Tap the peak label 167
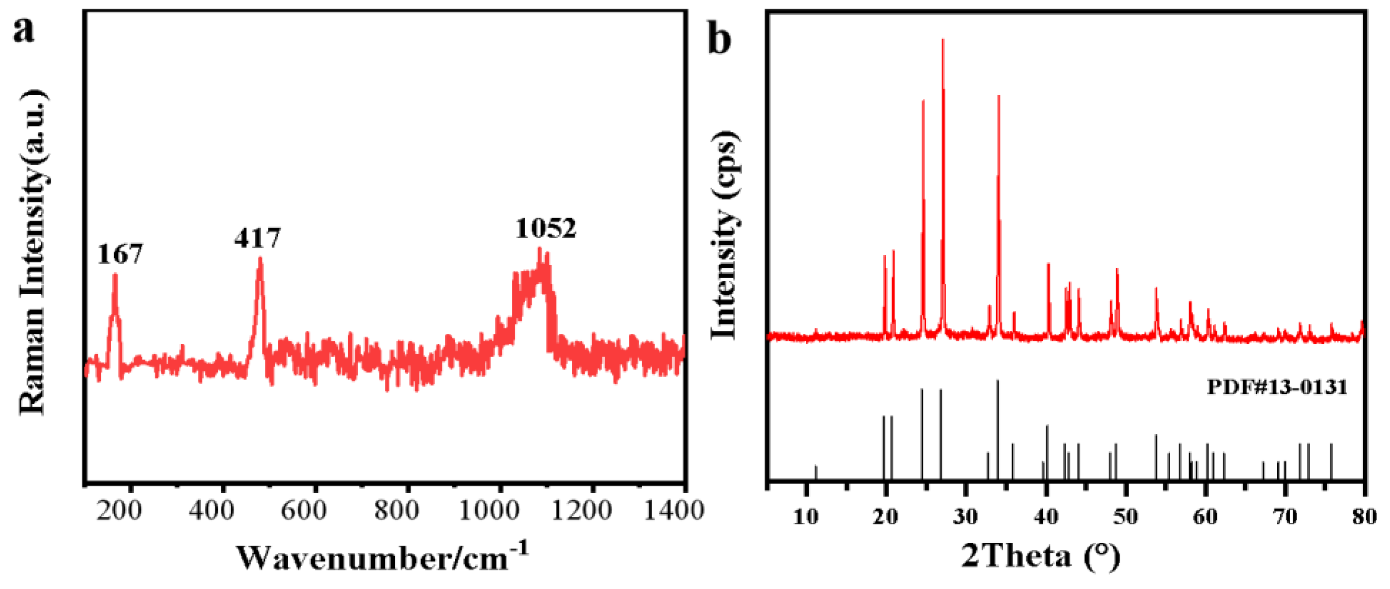[120, 254]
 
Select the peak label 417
[257, 238]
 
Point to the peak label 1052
[546, 229]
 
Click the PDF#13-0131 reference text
[1276, 387]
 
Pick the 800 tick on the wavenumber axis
[397, 510]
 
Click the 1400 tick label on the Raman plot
[674, 510]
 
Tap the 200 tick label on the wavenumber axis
[119, 510]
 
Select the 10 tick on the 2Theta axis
[806, 517]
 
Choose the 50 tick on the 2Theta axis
[1126, 517]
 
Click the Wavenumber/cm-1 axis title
[382, 557]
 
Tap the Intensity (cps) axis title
[723, 235]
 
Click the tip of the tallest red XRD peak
[943, 40]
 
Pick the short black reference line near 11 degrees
[816, 472]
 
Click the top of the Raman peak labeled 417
[261, 258]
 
